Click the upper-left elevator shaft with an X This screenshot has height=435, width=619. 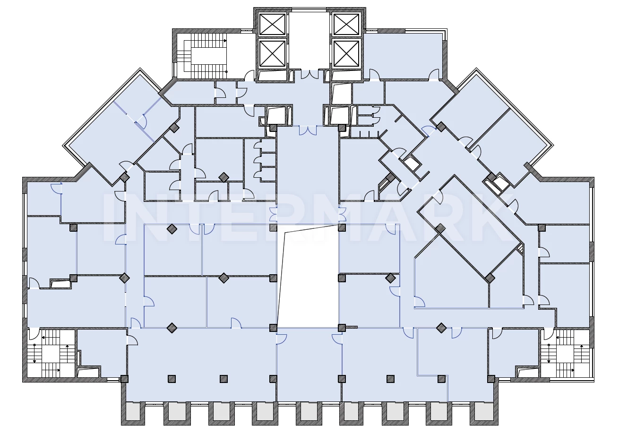(273, 24)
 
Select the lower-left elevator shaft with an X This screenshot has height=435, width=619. (273, 53)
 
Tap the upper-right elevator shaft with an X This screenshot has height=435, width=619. (346, 24)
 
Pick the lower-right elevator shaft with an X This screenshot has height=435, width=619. (346, 53)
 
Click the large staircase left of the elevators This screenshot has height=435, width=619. (205, 56)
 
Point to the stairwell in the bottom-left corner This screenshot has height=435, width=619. (52, 353)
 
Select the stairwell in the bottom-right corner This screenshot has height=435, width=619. (565, 353)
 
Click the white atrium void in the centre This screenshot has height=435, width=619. (308, 276)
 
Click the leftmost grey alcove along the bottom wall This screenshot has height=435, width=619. (133, 413)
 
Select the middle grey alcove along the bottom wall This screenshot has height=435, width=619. (309, 413)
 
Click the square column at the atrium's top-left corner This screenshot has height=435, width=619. (273, 227)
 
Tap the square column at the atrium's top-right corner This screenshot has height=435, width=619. (342, 227)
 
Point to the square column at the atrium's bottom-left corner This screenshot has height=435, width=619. (273, 328)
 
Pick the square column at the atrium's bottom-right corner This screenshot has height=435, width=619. (342, 328)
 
